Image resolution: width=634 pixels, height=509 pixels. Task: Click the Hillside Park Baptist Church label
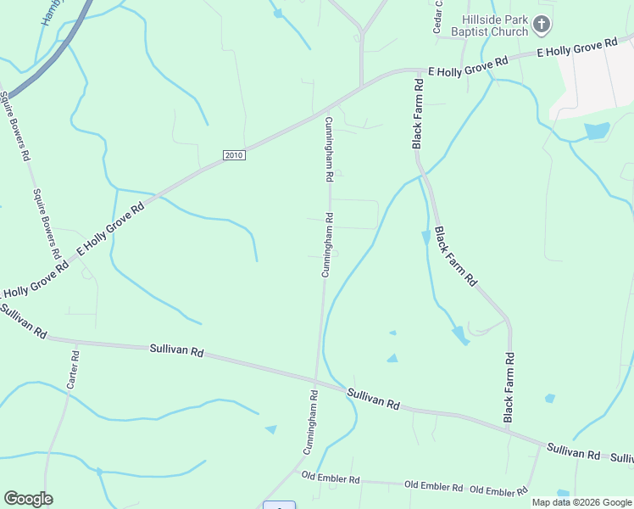click(x=495, y=25)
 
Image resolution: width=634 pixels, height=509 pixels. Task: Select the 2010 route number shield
click(x=234, y=155)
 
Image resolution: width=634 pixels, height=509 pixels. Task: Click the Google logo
click(x=28, y=499)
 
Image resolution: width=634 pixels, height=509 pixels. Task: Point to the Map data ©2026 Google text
click(x=581, y=502)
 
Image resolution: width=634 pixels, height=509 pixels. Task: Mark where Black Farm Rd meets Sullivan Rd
click(x=509, y=430)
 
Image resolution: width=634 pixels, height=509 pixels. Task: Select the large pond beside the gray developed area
click(x=597, y=131)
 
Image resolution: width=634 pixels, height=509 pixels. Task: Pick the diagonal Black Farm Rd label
click(x=456, y=255)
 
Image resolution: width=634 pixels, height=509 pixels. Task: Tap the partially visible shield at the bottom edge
click(x=279, y=506)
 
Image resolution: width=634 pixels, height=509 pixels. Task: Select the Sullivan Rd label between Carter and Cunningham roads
click(x=177, y=350)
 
